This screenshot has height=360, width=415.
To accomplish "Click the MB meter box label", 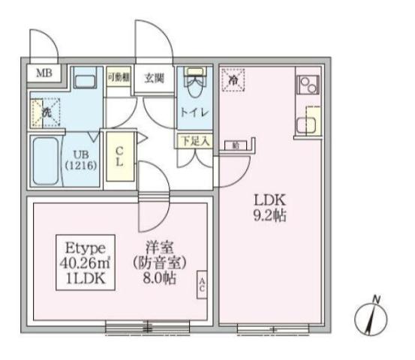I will [x=44, y=73].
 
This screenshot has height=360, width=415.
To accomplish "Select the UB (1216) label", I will [x=80, y=159].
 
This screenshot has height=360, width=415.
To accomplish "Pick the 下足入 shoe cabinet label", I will [x=194, y=139].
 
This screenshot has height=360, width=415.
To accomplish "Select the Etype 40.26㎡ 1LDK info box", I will [x=84, y=263].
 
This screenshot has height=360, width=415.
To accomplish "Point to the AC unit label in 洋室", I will [x=203, y=283].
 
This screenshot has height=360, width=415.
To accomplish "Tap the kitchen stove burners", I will [x=308, y=85].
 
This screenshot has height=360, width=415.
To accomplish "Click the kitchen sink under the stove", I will [x=308, y=121].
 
